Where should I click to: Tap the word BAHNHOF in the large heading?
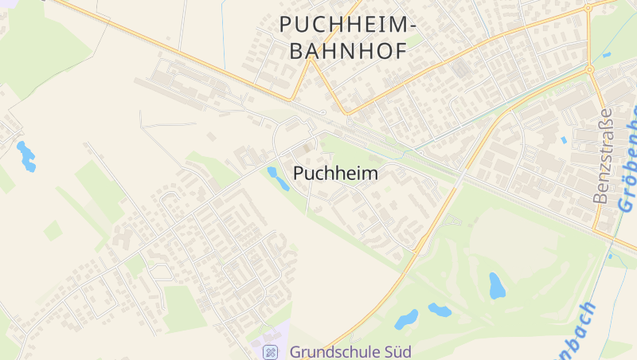349,51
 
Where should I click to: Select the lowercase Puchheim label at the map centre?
335,173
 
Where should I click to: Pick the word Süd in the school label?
394,351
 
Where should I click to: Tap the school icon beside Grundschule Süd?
271,351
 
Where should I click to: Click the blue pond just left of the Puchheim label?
278,178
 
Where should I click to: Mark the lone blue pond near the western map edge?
27,156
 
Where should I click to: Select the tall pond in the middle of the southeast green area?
497,285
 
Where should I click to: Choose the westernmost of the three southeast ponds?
406,319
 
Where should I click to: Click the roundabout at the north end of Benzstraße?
590,70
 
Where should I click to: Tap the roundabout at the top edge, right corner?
589,6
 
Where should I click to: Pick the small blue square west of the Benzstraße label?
564,140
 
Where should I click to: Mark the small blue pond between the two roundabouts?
607,55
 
